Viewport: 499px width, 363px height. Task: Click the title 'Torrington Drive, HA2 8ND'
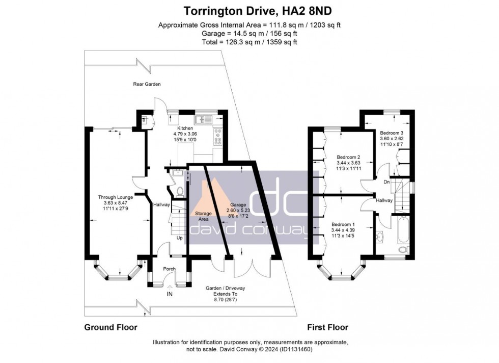249,10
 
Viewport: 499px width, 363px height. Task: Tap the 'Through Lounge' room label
116,197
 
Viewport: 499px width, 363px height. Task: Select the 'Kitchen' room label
184,128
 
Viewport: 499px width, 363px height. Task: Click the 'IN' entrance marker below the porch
170,294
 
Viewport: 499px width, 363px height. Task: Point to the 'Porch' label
169,269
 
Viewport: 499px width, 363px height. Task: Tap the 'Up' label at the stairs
179,238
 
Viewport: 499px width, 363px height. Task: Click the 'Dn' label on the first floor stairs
387,181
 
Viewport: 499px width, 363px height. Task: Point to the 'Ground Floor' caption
110,327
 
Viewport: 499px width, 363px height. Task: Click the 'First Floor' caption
327,327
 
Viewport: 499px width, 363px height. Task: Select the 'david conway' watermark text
249,231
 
